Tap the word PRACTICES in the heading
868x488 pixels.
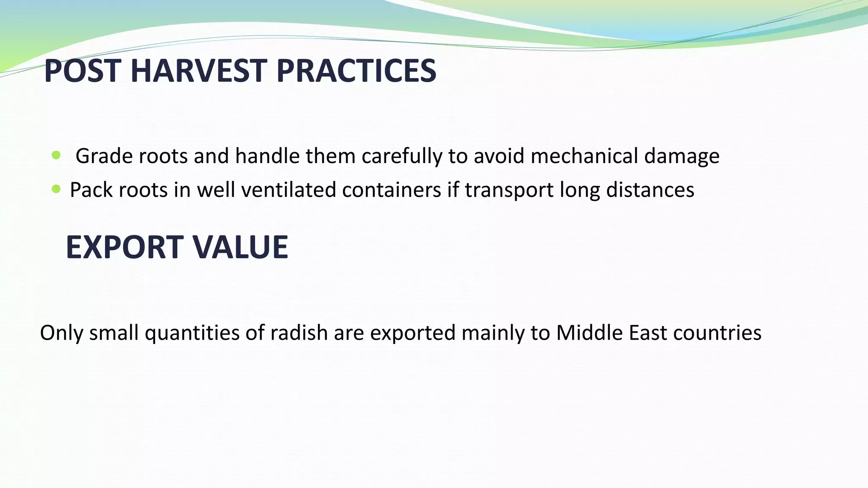[x=356, y=71]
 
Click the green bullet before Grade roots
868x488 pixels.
[x=56, y=155]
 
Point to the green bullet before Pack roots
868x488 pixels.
[x=56, y=189]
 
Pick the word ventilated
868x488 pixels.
[x=288, y=189]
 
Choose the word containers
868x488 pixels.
[x=392, y=189]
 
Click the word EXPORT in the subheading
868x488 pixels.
[x=123, y=247]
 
